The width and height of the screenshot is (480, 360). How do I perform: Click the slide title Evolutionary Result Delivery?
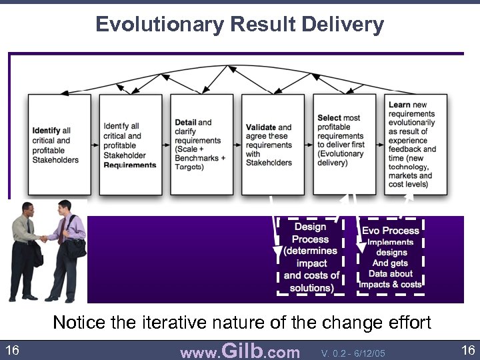(x=239, y=25)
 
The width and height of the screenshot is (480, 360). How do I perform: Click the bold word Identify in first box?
(x=46, y=131)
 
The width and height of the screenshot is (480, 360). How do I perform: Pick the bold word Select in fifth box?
(x=329, y=118)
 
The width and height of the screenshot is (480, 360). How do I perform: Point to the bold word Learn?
(x=399, y=105)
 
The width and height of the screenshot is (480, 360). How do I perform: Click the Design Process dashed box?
(x=311, y=257)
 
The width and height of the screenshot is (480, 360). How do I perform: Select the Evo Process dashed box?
(x=391, y=257)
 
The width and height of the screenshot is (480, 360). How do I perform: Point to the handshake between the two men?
(x=44, y=238)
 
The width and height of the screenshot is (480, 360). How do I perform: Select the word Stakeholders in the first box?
(x=55, y=160)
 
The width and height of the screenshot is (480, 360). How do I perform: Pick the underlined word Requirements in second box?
(x=130, y=165)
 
